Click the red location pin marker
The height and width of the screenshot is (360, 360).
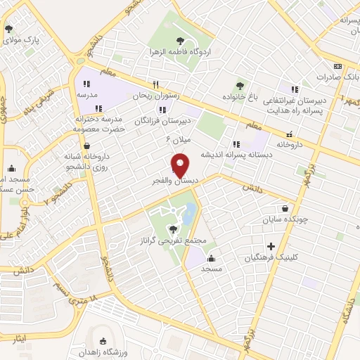point(181,165)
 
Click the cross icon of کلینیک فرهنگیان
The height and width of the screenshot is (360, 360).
point(271,245)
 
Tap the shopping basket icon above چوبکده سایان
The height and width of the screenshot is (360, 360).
point(285,208)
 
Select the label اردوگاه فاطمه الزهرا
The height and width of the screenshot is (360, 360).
point(175,52)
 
